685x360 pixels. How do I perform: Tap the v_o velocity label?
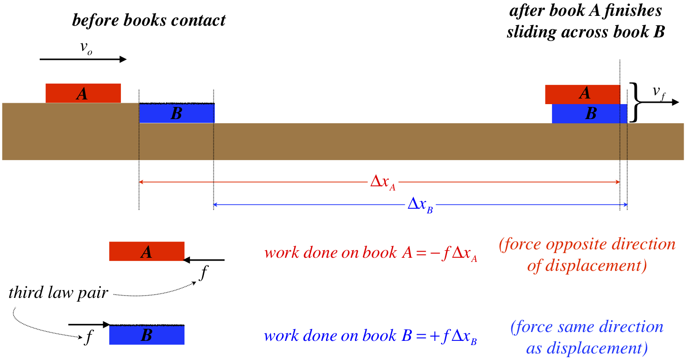86,48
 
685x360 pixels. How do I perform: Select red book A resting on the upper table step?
83,93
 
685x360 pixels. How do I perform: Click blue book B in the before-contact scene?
177,113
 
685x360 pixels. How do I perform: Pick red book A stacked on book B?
583,94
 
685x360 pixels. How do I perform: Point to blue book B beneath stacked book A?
590,113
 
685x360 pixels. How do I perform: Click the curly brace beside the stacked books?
634,102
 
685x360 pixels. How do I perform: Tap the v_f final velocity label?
659,93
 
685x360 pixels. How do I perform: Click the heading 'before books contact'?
148,20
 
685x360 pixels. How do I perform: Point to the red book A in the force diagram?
147,251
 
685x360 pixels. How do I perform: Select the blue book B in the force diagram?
147,335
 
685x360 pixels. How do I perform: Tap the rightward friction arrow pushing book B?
89,324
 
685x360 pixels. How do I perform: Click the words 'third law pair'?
58,294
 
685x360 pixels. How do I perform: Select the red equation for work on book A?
371,253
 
